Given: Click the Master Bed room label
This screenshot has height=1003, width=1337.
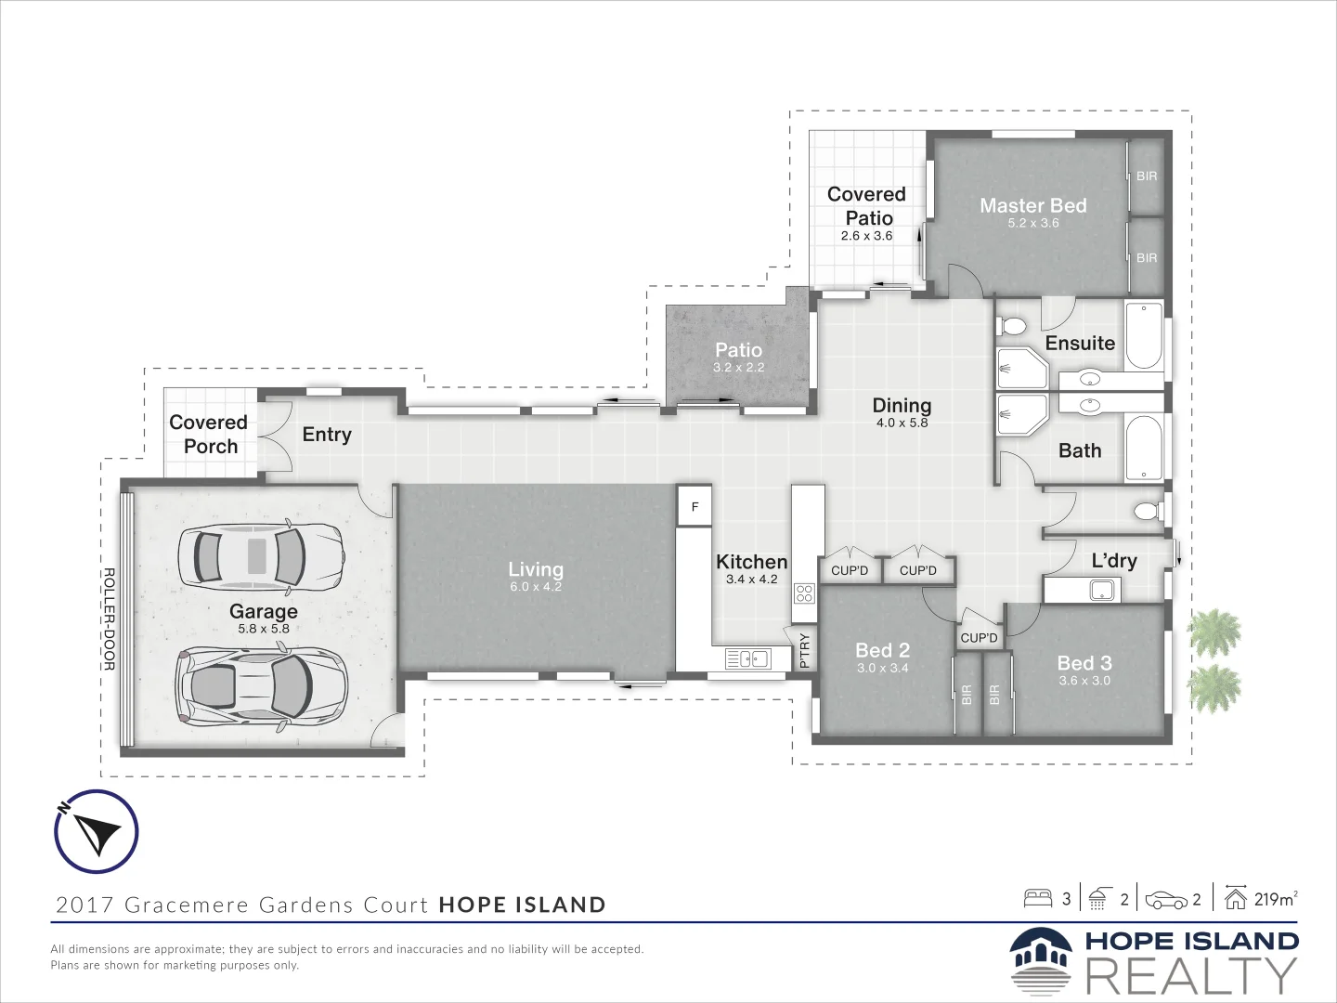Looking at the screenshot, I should coord(1032,206).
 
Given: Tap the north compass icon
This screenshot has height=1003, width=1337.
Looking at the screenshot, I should coord(97,831).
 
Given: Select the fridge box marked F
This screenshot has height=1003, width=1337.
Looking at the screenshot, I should coord(694,507).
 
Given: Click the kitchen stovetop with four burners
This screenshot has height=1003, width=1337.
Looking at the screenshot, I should coord(804,593).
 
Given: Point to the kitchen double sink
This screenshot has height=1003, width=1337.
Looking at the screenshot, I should coord(747,658).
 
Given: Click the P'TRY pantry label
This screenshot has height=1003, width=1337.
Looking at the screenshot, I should coord(805,650).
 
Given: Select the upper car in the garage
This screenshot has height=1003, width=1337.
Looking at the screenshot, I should coord(261,557).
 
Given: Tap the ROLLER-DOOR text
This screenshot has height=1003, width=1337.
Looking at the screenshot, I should coord(109,619).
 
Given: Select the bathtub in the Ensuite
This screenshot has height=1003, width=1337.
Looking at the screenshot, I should coord(1144,335).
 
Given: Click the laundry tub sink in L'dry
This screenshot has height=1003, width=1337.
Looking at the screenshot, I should coord(1102,590).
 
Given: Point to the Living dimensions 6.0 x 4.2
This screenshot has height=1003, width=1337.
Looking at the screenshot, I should coord(536,587).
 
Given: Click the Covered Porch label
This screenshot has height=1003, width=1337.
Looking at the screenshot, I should coord(209,435).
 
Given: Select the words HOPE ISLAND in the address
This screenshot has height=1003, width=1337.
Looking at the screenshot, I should coord(522,905).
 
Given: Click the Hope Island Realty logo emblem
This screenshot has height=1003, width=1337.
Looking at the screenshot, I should coord(1041,961).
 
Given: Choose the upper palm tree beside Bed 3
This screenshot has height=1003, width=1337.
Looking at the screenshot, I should coord(1214,633).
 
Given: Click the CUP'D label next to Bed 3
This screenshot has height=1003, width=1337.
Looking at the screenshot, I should coord(979,638).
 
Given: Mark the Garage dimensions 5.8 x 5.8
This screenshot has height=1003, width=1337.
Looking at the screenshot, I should coord(264,629).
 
